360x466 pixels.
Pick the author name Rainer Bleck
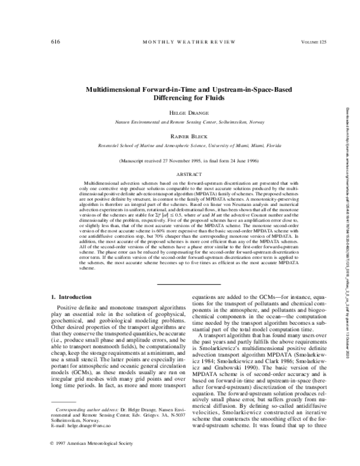coord(179,137)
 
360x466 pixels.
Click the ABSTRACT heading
coord(179,172)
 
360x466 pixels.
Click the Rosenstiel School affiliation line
coord(179,145)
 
